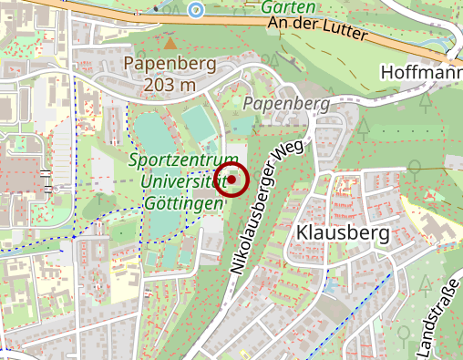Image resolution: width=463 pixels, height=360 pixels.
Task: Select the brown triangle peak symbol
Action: pos(169,42)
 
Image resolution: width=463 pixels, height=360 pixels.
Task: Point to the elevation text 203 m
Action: pos(170,85)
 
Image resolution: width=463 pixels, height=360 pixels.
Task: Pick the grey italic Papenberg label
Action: pos(285,104)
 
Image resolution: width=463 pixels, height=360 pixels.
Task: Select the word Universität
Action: pos(182,182)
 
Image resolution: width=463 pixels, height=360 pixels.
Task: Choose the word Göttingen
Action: pos(183,202)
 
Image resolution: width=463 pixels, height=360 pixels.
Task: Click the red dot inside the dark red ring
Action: pos(231,180)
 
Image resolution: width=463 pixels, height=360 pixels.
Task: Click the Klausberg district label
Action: pos(343,233)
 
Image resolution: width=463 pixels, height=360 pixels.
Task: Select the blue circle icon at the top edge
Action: pos(195,9)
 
